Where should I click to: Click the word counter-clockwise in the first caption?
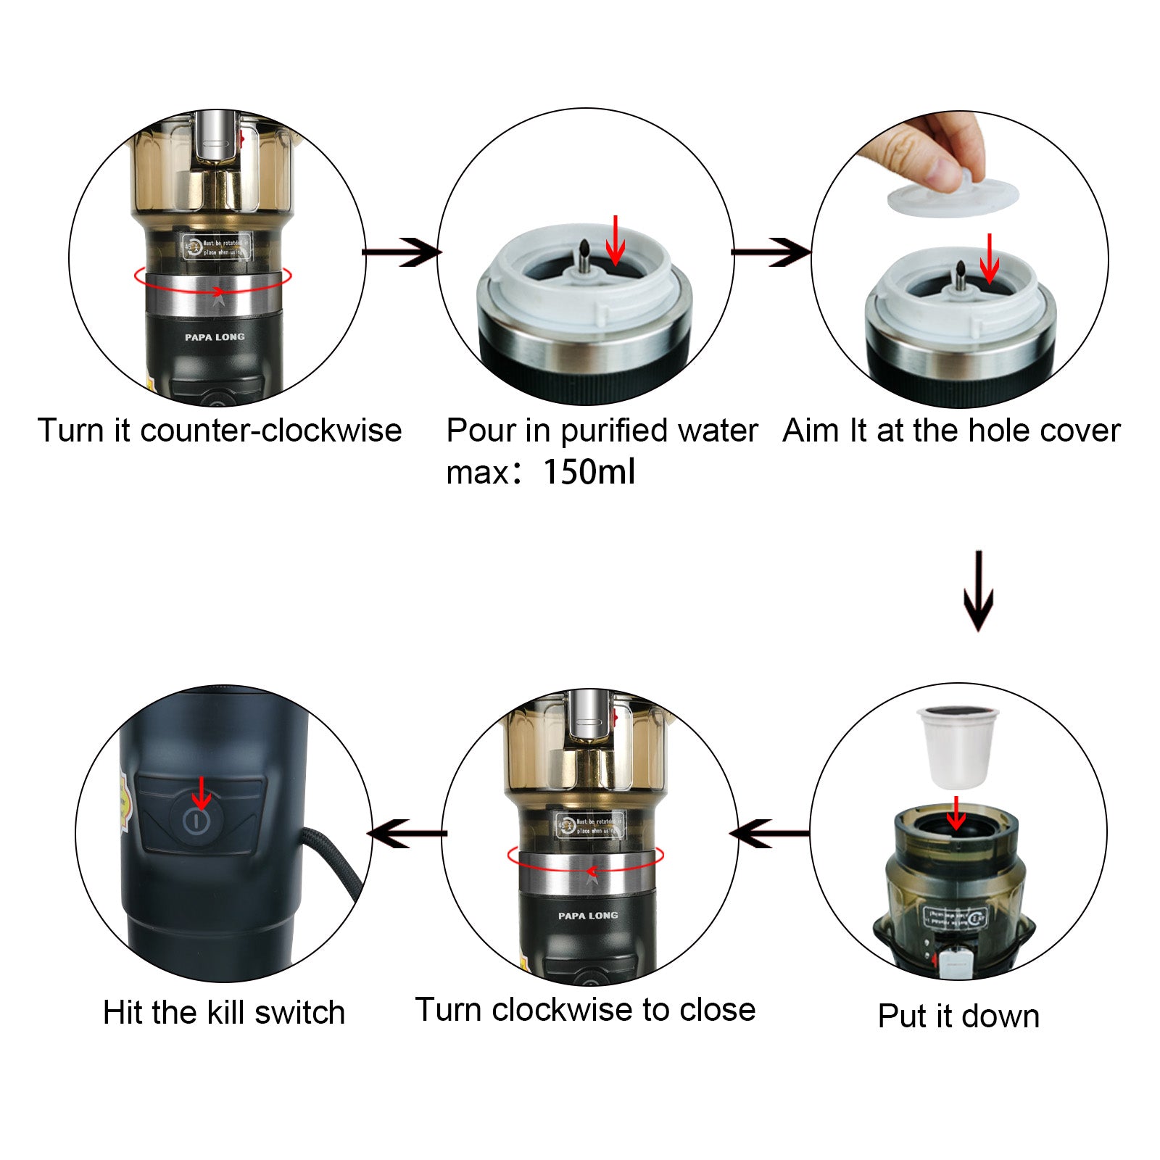point(271,431)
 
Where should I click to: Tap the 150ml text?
point(589,472)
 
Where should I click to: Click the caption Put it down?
point(958,1016)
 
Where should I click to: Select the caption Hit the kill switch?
point(224,1012)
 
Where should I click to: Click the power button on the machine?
point(196,821)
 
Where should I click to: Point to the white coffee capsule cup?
point(958,747)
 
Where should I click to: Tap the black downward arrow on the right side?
point(978,591)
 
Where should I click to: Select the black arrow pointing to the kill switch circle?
point(407,834)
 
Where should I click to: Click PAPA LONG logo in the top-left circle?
point(215,337)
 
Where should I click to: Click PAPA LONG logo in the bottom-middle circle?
point(588,916)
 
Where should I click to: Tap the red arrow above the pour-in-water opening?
point(615,241)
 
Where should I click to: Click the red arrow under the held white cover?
point(989,259)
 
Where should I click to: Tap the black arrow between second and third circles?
point(771,252)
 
